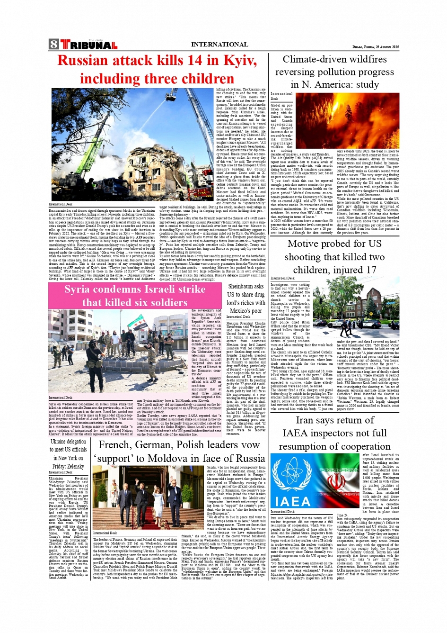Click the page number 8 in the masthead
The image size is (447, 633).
tap(53, 45)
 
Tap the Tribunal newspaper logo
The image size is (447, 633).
tap(89, 45)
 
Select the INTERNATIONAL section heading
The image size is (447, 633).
tap(219, 45)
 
